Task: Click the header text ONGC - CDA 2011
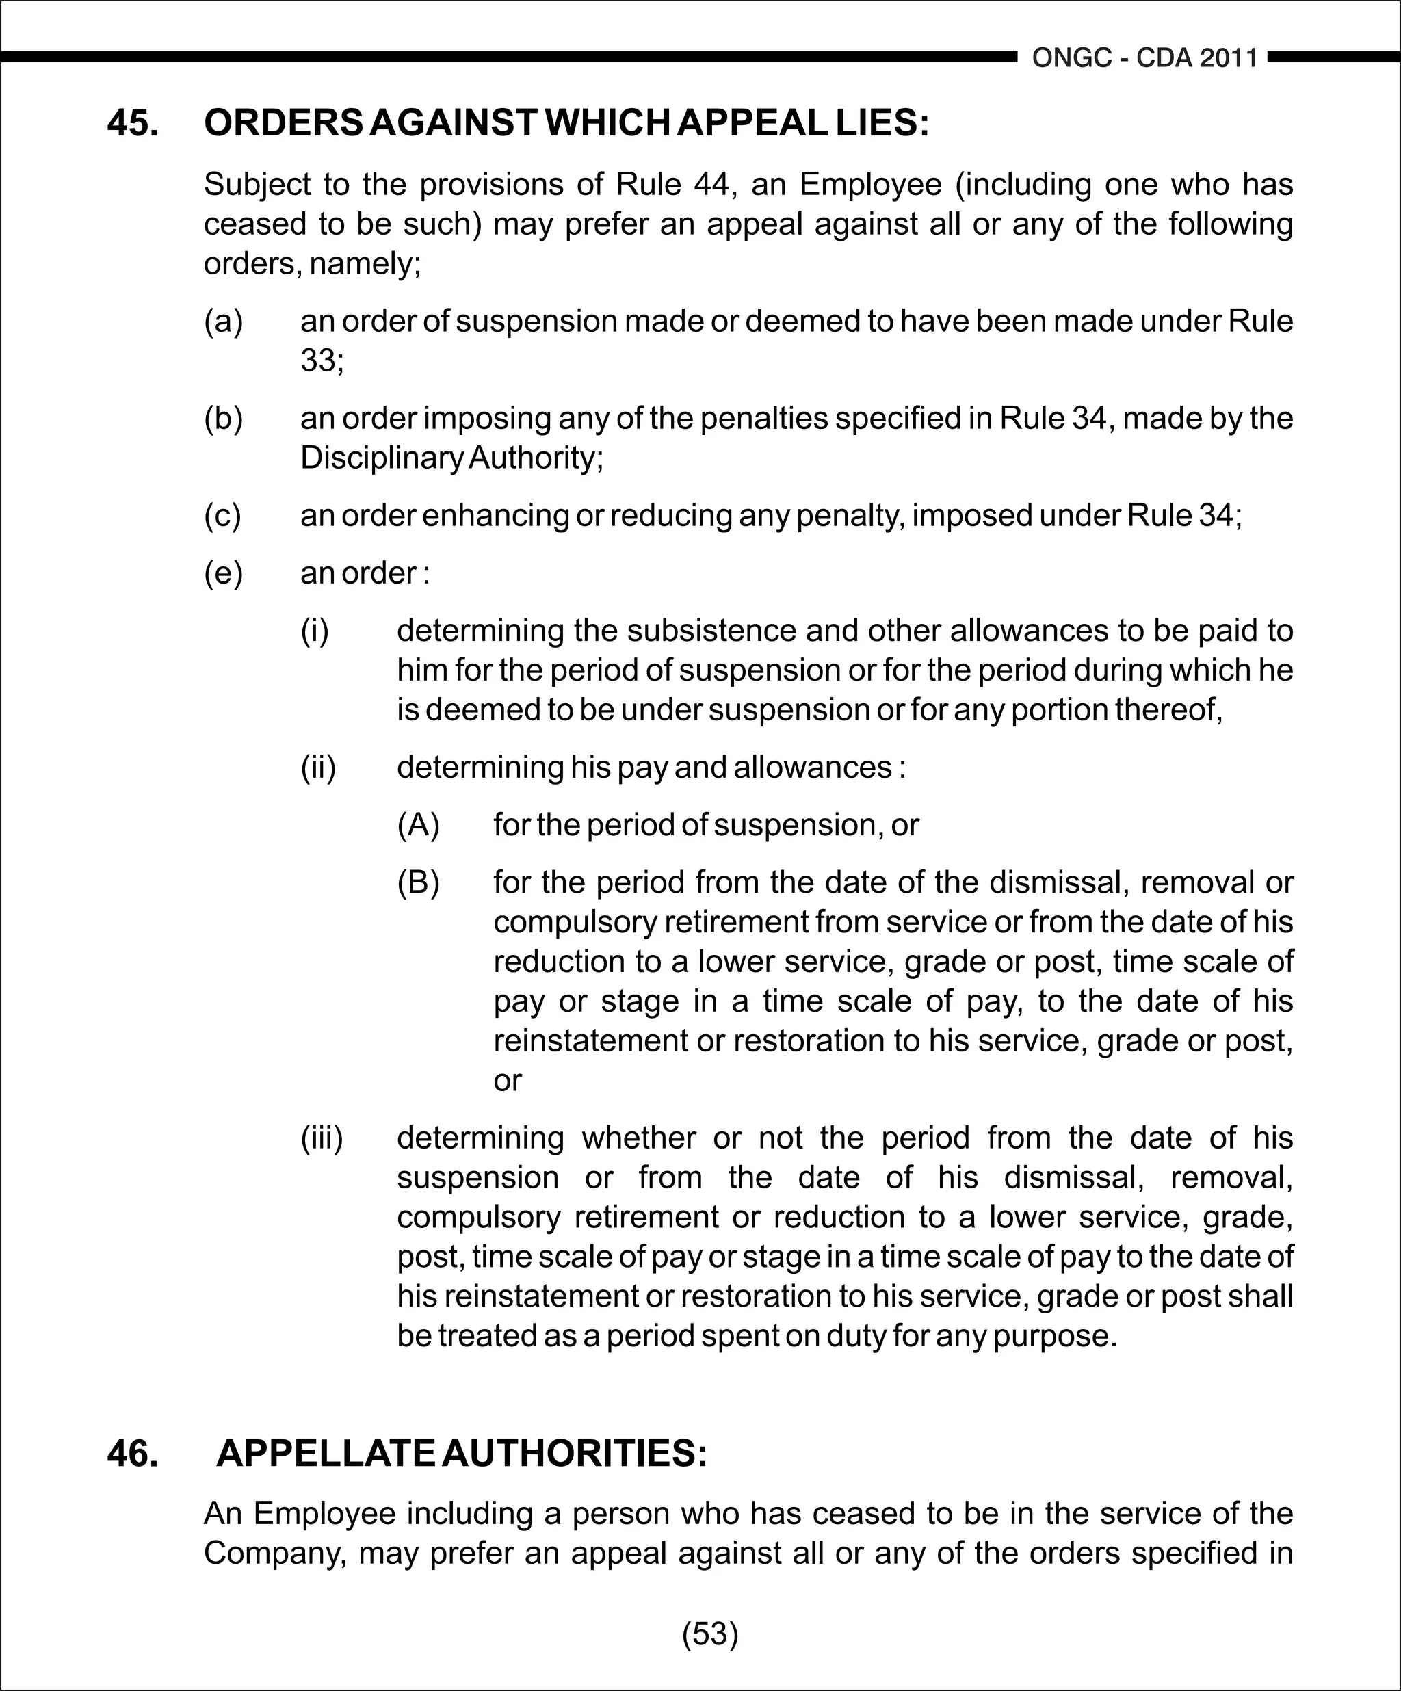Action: (1144, 58)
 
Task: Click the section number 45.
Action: (133, 123)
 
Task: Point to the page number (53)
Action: (710, 1633)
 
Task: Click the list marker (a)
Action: (223, 321)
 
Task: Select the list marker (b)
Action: (223, 418)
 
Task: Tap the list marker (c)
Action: (222, 515)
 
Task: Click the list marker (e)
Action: (223, 573)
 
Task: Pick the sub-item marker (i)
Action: (315, 630)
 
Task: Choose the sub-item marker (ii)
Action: (318, 767)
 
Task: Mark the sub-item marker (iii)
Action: (322, 1138)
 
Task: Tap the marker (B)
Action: (418, 882)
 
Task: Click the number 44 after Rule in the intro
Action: (711, 185)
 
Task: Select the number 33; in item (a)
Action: (322, 360)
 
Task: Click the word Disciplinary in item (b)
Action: (382, 458)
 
